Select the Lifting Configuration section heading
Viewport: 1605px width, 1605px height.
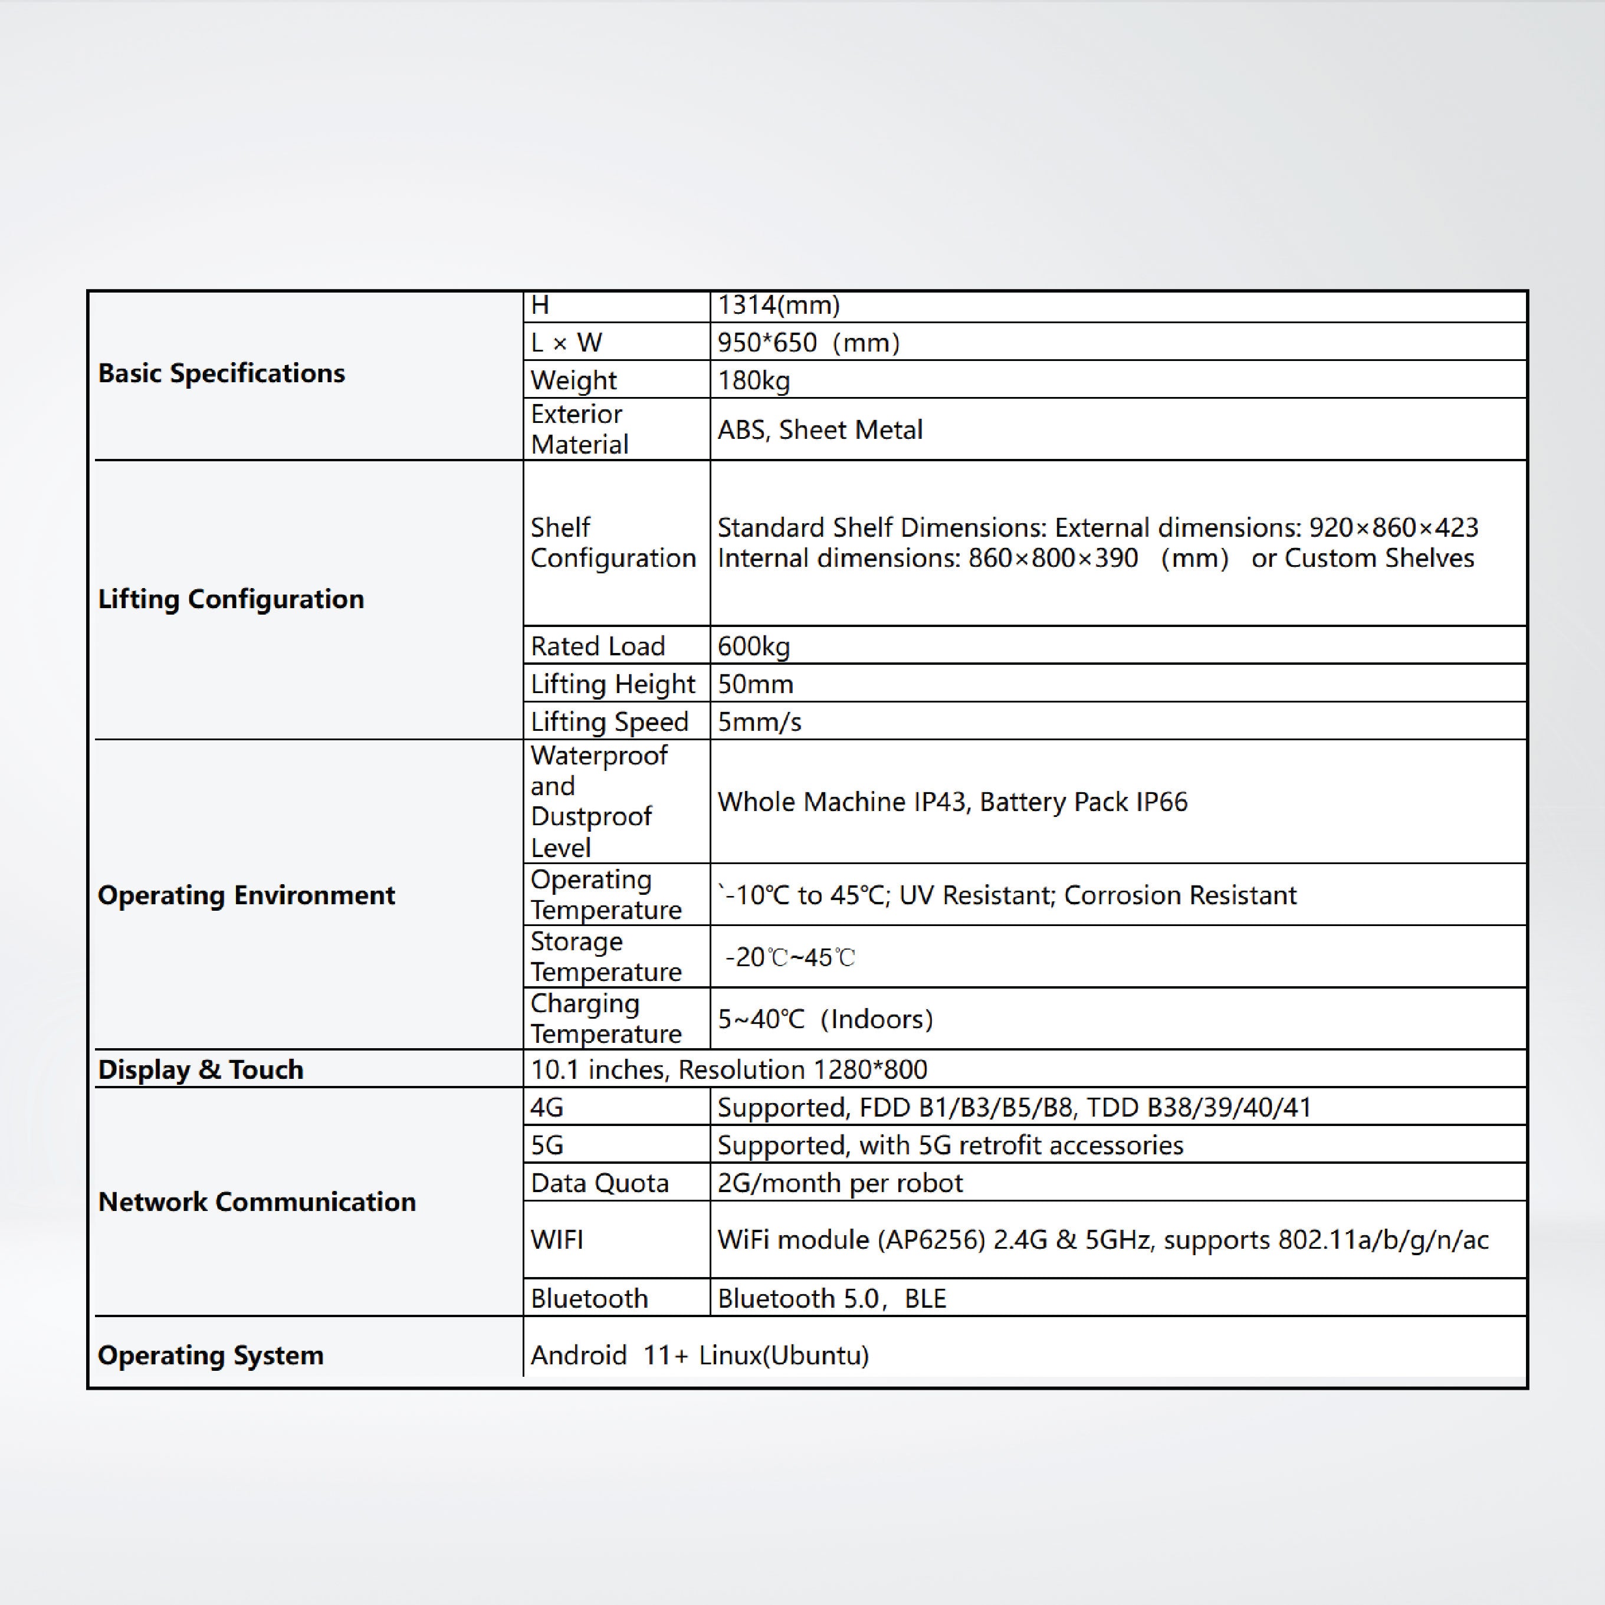231,599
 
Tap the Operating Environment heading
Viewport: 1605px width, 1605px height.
246,895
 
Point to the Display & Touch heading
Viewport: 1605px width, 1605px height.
200,1069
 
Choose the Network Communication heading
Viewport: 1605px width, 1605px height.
257,1202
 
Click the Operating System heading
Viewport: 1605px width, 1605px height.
210,1355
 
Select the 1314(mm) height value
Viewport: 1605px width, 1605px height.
779,305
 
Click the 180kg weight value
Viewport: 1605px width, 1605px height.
753,380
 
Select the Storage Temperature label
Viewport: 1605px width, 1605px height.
606,956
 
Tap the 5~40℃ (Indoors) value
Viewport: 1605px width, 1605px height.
825,1019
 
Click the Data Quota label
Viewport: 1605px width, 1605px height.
599,1183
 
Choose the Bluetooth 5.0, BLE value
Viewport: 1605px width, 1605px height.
832,1298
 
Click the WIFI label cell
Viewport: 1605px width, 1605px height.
557,1239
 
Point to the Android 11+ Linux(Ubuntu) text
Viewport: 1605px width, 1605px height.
700,1355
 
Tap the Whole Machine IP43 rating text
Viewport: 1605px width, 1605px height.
842,802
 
